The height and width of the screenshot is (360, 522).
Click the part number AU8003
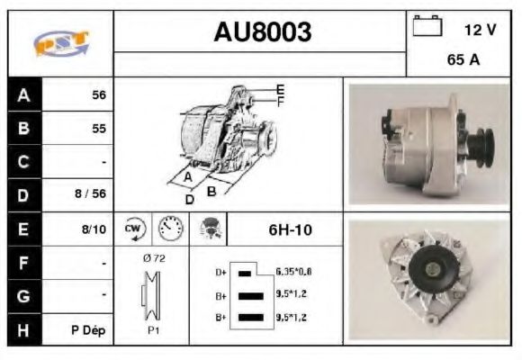point(262,32)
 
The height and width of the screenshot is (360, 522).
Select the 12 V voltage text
point(480,30)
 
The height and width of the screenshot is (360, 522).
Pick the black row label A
point(24,94)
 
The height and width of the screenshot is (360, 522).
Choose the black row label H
point(24,329)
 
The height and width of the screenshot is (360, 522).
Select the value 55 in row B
point(98,129)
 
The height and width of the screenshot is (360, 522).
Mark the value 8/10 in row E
point(94,229)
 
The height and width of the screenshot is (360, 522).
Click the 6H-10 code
point(290,229)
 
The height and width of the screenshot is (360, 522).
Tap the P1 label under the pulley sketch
point(154,329)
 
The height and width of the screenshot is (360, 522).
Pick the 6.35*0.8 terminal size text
point(293,271)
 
